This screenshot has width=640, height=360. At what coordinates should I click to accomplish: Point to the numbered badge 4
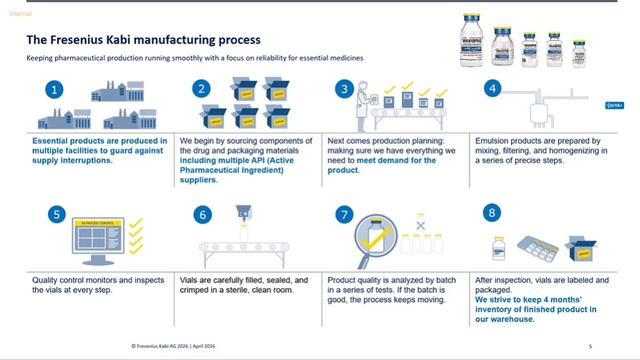491,87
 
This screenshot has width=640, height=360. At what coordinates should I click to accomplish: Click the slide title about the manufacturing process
143,40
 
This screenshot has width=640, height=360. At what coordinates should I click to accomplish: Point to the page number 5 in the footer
590,345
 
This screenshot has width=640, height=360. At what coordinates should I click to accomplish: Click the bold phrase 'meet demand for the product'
388,165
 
